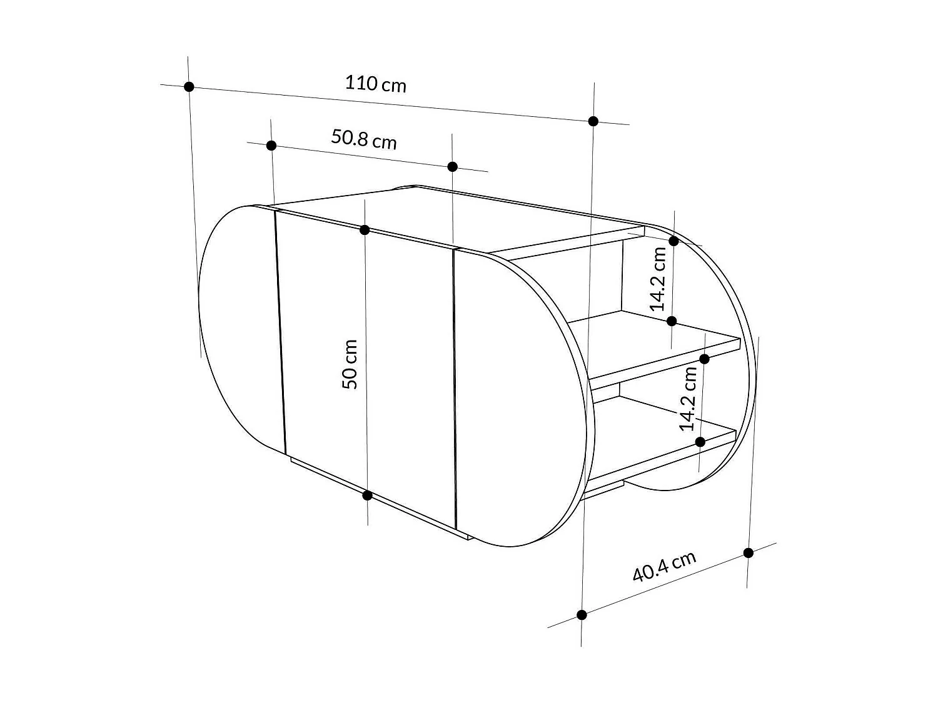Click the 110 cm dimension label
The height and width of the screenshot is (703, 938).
[x=375, y=83]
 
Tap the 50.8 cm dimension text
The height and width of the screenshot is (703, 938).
[x=363, y=139]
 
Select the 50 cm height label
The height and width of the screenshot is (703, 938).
[x=351, y=364]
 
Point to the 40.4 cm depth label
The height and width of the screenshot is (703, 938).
[x=663, y=566]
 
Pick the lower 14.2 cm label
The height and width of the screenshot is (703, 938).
[x=688, y=399]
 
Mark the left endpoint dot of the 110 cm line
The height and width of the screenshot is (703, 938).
[x=189, y=87]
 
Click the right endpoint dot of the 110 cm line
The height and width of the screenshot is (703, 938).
[x=593, y=121]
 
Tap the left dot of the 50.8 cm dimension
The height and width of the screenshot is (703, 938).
[x=271, y=146]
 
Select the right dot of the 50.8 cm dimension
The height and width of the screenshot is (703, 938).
[x=452, y=167]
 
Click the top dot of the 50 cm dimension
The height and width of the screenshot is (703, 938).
[x=365, y=230]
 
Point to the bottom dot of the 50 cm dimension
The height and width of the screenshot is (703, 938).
[x=368, y=496]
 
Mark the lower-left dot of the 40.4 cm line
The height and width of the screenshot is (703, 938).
[x=582, y=615]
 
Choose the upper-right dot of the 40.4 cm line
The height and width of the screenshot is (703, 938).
[x=748, y=553]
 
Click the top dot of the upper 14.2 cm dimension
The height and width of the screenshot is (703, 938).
[x=673, y=241]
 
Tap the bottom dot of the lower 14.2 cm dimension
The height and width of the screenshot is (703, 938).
[x=700, y=442]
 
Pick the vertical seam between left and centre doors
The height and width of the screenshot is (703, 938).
[x=280, y=331]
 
